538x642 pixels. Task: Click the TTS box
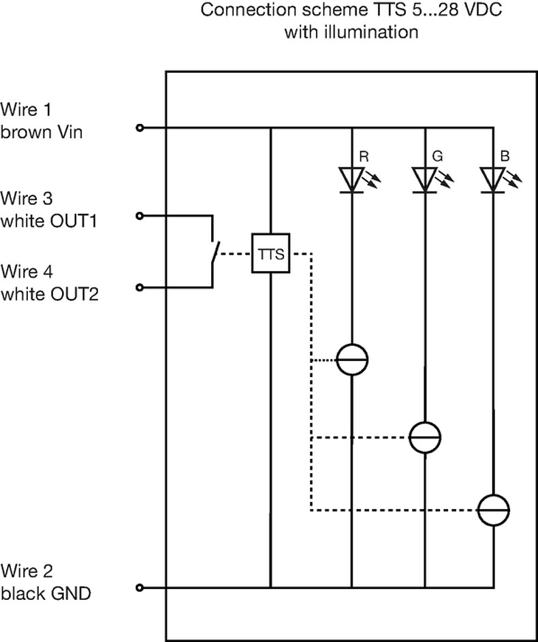coord(270,254)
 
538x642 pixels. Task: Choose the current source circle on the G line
coord(425,436)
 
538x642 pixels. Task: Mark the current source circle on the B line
coord(493,509)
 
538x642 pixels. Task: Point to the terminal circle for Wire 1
coord(140,127)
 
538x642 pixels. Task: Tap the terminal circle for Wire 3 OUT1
coord(140,216)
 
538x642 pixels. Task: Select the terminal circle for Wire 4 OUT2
coord(140,288)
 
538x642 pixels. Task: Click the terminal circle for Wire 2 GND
coord(140,588)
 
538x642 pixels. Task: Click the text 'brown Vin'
coord(42,132)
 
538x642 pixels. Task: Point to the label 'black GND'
coord(46,594)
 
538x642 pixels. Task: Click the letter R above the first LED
coord(364,157)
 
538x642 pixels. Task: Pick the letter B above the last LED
coord(505,157)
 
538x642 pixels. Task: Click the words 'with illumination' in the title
coord(351,32)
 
